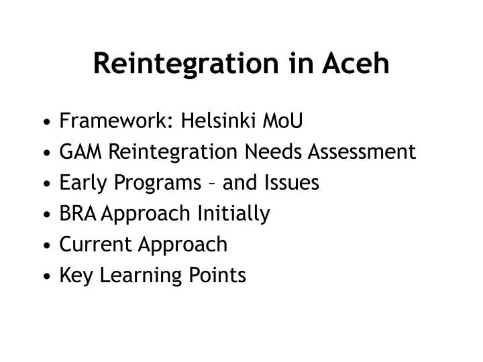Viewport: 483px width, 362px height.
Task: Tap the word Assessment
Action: (362, 152)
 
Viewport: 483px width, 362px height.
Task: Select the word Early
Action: (80, 183)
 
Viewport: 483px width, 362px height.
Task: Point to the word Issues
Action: (291, 183)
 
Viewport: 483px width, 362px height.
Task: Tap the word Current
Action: (95, 245)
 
